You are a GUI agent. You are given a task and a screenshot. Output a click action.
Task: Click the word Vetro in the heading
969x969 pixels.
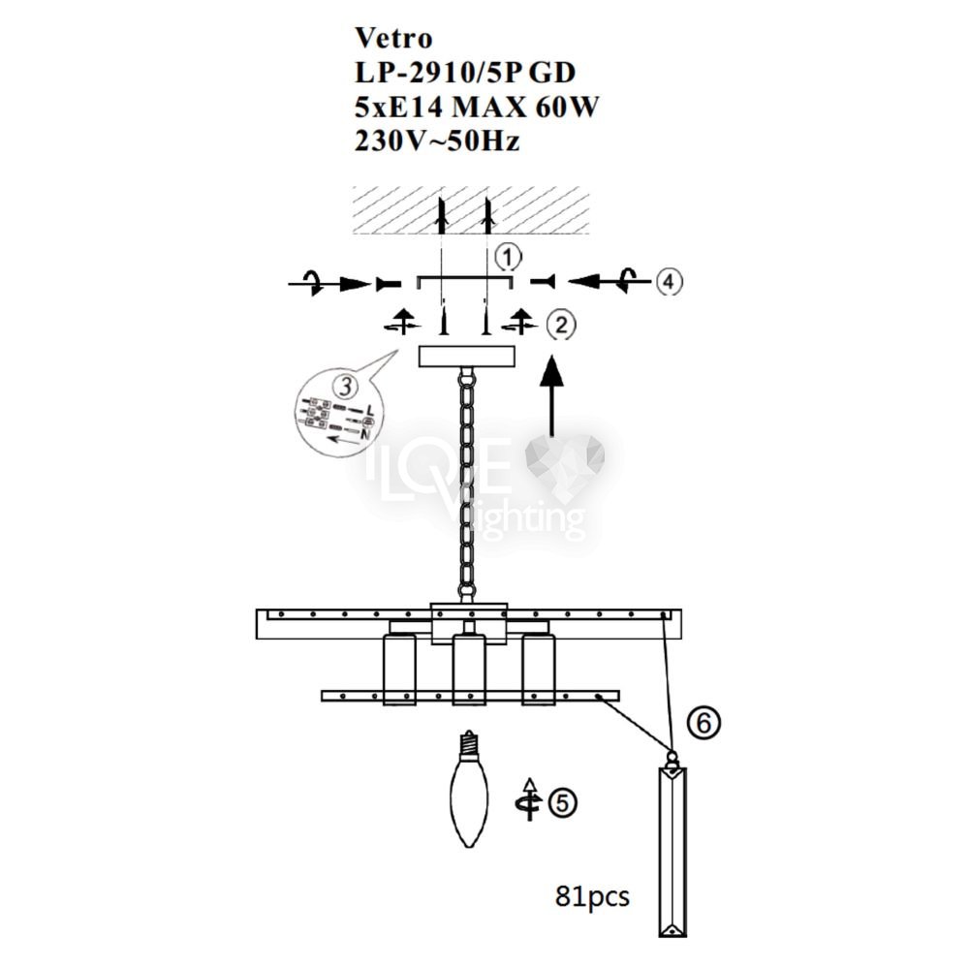pyautogui.click(x=393, y=39)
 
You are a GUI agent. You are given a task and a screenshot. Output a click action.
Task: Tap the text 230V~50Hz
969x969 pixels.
pyautogui.click(x=437, y=141)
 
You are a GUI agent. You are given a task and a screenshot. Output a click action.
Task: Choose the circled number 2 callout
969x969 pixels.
pyautogui.click(x=560, y=325)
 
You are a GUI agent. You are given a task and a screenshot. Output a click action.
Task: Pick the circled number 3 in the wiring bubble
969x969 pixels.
pyautogui.click(x=346, y=387)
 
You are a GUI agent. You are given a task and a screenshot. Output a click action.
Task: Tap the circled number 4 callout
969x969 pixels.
pyautogui.click(x=669, y=282)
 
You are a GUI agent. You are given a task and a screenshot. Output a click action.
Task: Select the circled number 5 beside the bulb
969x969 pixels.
pyautogui.click(x=562, y=802)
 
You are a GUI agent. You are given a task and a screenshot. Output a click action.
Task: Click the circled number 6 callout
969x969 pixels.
pyautogui.click(x=703, y=722)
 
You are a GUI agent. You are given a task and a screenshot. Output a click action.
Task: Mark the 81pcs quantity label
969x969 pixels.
pyautogui.click(x=592, y=896)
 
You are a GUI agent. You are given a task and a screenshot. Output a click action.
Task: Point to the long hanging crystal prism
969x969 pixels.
pyautogui.click(x=672, y=852)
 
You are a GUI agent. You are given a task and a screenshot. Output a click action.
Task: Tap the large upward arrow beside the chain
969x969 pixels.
pyautogui.click(x=552, y=395)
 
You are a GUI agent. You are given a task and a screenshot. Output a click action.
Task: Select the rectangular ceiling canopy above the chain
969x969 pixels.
pyautogui.click(x=467, y=356)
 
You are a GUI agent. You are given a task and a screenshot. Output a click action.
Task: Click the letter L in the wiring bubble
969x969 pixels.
pyautogui.click(x=369, y=409)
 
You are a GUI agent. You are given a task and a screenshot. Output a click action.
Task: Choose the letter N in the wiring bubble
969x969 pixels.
pyautogui.click(x=365, y=434)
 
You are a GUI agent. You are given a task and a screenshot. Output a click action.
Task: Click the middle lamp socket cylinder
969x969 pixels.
pyautogui.click(x=468, y=670)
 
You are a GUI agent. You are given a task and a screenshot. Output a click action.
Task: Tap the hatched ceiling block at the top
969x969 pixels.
pyautogui.click(x=471, y=210)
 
